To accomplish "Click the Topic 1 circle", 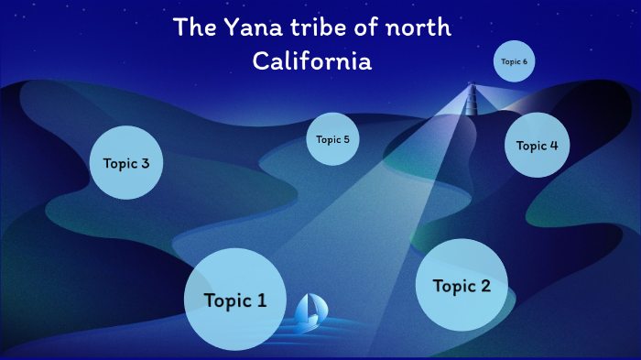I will (x=235, y=300).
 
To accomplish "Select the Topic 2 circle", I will (x=462, y=285).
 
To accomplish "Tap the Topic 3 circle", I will (x=126, y=163).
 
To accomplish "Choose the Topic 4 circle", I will (x=538, y=145).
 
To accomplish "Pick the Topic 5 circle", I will (x=332, y=139).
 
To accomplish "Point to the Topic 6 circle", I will (x=514, y=62).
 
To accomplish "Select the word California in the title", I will (x=312, y=62).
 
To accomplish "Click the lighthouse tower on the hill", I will (x=473, y=98).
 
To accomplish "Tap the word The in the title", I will (x=193, y=28).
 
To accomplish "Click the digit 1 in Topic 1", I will (x=261, y=300).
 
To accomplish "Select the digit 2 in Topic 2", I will (x=485, y=286).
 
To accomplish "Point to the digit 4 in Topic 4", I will (x=553, y=145).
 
